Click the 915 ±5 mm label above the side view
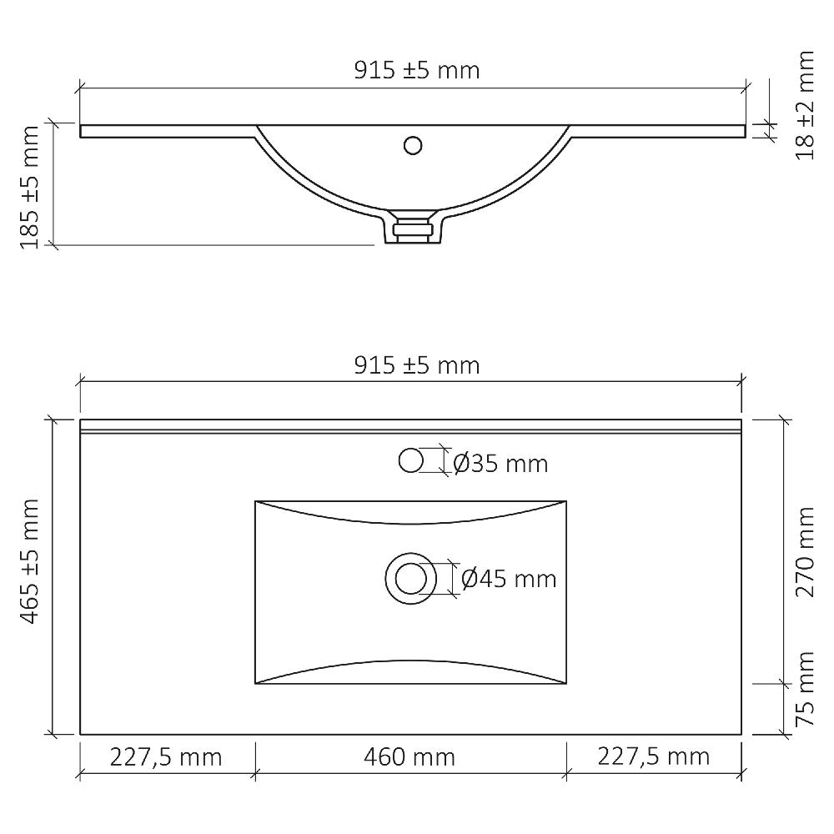416,70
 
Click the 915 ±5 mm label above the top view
416,364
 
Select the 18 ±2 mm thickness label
804,105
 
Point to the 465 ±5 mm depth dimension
30,560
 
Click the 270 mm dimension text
804,551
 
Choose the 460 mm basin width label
409,757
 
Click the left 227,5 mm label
166,757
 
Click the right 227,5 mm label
653,757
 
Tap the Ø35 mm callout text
500,463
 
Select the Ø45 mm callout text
508,578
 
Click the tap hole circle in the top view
411,460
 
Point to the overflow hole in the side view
412,145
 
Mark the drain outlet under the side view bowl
412,229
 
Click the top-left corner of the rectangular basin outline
255,501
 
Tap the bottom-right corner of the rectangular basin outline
566,685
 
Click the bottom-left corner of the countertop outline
81,734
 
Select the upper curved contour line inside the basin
410,523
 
